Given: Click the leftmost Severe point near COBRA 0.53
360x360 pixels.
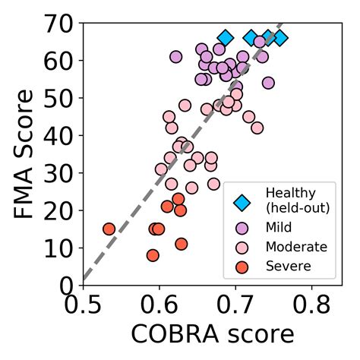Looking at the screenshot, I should pyautogui.click(x=109, y=229).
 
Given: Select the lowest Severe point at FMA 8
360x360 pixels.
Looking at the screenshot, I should pyautogui.click(x=153, y=255).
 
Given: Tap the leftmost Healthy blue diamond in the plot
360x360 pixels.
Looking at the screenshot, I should pyautogui.click(x=225, y=38).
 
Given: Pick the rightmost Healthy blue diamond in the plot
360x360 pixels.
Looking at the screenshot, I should pyautogui.click(x=280, y=38).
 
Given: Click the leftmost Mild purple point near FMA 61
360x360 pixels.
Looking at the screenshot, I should pyautogui.click(x=176, y=57).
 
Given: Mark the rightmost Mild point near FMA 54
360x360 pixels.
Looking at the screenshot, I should pyautogui.click(x=268, y=83).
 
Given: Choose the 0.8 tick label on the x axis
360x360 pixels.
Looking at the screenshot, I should pyautogui.click(x=312, y=306).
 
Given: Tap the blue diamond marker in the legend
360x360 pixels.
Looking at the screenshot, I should pyautogui.click(x=242, y=202).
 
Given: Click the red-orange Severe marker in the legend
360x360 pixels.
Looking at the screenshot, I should pyautogui.click(x=242, y=267).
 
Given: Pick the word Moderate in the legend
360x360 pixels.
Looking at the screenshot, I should pyautogui.click(x=296, y=247).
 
